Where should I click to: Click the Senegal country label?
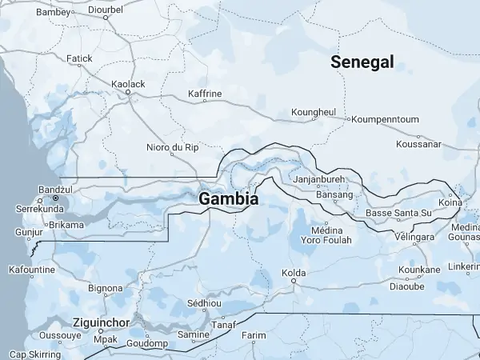[x=362, y=62]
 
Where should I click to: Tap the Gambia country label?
[x=229, y=198]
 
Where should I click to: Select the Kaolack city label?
[x=128, y=83]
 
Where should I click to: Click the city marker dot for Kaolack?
[x=128, y=92]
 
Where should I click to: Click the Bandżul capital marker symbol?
[x=56, y=198]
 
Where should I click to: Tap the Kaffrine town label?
[x=204, y=94]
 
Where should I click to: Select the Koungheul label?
[x=314, y=111]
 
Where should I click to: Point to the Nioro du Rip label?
[x=172, y=147]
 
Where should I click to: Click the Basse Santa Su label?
[x=398, y=214]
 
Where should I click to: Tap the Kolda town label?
[x=294, y=273]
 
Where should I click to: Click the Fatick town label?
[x=79, y=58]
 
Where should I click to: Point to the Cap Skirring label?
[x=34, y=354]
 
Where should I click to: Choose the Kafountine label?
[x=31, y=270]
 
